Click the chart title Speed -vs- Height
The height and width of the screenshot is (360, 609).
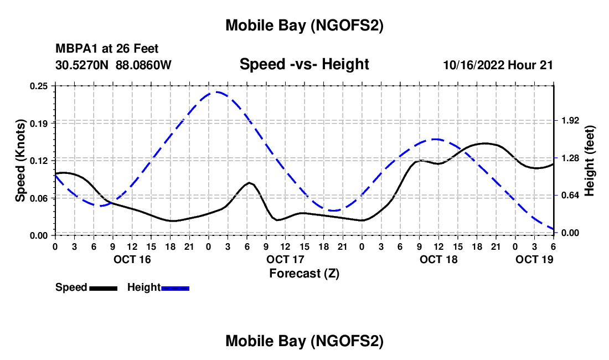(x=304, y=64)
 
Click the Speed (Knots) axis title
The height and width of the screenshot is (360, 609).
(x=20, y=161)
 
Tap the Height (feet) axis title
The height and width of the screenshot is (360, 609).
(x=590, y=161)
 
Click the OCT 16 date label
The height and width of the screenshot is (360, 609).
(x=132, y=259)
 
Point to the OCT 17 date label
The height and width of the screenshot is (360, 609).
(x=285, y=259)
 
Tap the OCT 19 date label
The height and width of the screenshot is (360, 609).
(x=534, y=259)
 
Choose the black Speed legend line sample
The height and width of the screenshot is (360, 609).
(x=103, y=287)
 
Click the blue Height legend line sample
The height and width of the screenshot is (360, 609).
(x=175, y=287)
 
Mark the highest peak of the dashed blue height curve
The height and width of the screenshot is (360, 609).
(x=214, y=92)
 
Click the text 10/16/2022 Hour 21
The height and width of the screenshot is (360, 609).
(x=498, y=65)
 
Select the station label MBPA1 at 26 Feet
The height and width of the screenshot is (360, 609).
(x=107, y=49)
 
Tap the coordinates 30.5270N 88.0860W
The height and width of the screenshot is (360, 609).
(x=113, y=65)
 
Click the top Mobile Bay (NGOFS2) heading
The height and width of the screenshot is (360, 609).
(x=304, y=25)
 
